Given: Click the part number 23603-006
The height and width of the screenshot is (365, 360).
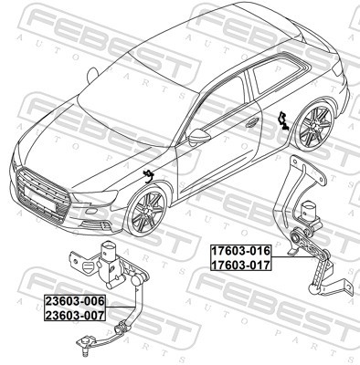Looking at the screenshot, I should click(76, 300).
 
